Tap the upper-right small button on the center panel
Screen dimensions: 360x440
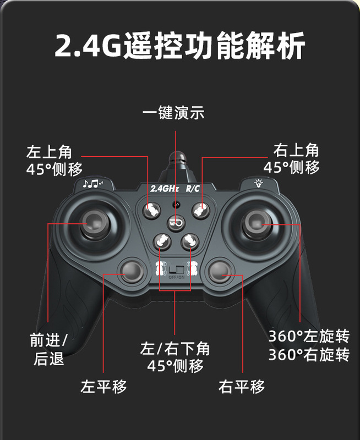[199, 209]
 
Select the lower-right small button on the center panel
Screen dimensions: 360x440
[190, 240]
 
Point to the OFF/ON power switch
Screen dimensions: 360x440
[176, 271]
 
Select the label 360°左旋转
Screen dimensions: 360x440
[308, 335]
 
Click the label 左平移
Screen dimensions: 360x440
[103, 386]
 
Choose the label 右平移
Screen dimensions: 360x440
[241, 386]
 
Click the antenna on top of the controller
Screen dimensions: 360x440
[177, 163]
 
